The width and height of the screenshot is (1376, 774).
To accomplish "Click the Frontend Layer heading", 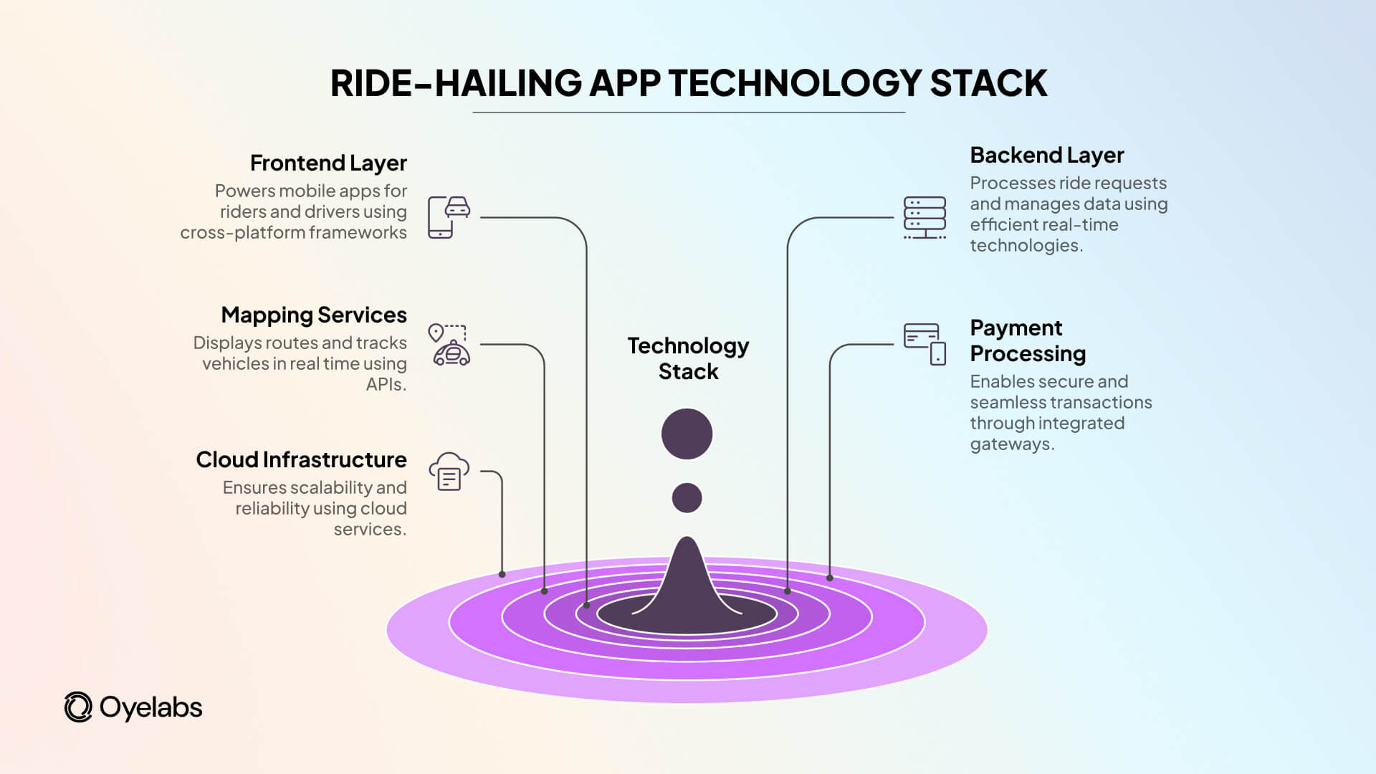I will [328, 163].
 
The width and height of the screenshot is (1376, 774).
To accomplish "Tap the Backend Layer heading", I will [1046, 156].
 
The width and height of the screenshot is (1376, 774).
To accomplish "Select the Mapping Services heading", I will [314, 315].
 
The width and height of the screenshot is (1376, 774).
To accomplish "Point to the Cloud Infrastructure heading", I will [301, 459].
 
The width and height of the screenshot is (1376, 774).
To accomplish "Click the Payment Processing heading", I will [1027, 340].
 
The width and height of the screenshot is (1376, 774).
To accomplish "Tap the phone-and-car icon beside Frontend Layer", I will [449, 216].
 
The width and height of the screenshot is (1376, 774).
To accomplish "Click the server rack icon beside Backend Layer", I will [924, 217].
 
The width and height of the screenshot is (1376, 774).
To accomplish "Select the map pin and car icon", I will [449, 345].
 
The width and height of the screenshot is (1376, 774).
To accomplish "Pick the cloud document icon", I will [449, 471].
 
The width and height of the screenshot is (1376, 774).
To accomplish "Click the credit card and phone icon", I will [924, 344].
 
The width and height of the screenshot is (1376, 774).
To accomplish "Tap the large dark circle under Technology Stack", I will [687, 434].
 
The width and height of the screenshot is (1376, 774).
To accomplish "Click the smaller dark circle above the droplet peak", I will [687, 497].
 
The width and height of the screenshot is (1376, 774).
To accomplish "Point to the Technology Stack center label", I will [688, 358].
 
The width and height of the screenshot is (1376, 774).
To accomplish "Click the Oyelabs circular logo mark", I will [78, 707].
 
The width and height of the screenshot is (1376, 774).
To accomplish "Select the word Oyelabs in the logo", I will [150, 707].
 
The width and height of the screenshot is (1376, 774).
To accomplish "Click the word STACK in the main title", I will [988, 83].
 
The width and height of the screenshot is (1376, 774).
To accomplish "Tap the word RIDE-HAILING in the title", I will [456, 83].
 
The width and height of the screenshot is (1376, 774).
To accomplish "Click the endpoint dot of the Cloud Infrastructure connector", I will [502, 574].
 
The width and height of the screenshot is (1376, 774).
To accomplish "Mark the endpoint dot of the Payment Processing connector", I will [830, 578].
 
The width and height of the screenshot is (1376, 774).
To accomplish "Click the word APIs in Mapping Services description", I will [386, 385].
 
